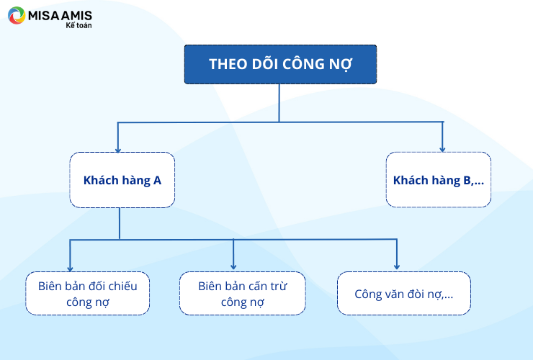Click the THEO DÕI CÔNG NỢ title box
tap(280, 64)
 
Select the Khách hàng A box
tap(122, 180)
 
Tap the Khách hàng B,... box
tap(439, 179)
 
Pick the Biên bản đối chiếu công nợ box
tap(87, 293)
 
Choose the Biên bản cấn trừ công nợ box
tap(242, 293)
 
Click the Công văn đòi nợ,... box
tap(404, 293)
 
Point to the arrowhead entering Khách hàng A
tap(118, 150)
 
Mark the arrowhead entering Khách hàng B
tap(442, 150)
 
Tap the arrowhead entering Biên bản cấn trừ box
tap(233, 267)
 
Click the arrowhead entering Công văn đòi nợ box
tap(397, 267)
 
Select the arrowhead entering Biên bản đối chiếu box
tap(70, 269)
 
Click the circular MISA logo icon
tap(17, 15)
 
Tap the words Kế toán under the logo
tap(79, 25)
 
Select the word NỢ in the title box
tap(341, 65)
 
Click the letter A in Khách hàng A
tap(157, 180)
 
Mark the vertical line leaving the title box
tap(279, 103)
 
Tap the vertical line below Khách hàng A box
tap(120, 224)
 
